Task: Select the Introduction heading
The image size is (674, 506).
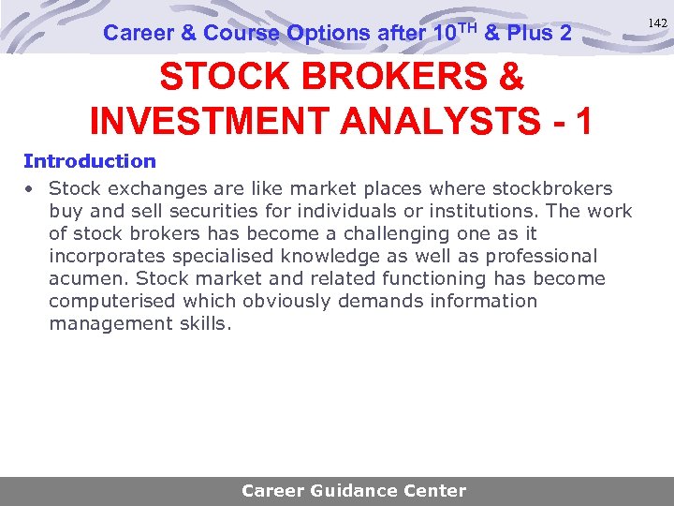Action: [x=90, y=161]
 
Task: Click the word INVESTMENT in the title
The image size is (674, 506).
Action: [x=206, y=121]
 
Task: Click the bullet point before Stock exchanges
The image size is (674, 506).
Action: [x=30, y=189]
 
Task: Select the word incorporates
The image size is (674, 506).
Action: [x=104, y=256]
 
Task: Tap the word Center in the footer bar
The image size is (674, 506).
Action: [x=434, y=490]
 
